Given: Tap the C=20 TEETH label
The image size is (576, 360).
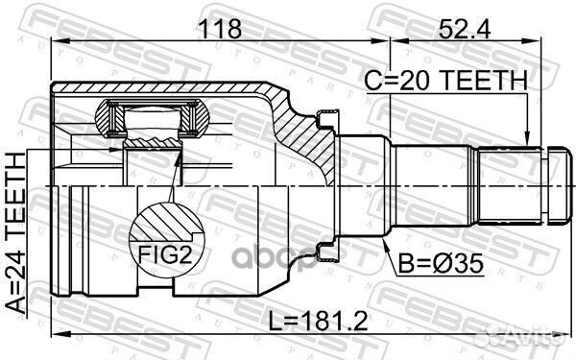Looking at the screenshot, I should pyautogui.click(x=445, y=83).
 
